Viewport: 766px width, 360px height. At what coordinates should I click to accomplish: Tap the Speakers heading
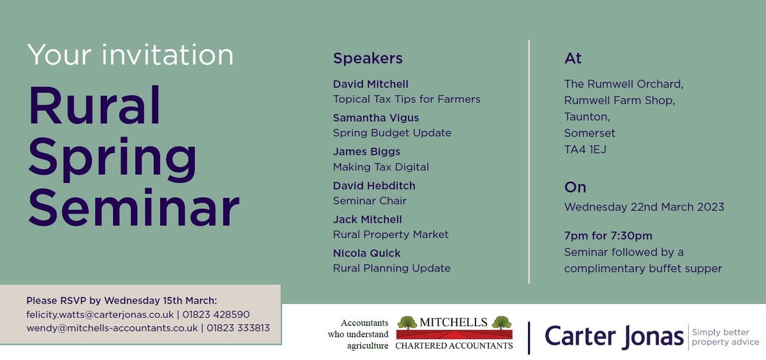(x=368, y=59)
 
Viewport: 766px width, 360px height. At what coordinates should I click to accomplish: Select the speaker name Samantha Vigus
(x=376, y=117)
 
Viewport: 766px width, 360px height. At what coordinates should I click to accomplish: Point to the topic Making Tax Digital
(x=381, y=167)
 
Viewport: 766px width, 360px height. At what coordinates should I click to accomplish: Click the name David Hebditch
(x=374, y=185)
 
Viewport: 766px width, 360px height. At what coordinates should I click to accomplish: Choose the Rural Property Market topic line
(x=391, y=234)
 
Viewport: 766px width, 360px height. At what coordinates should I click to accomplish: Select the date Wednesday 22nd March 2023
(x=644, y=207)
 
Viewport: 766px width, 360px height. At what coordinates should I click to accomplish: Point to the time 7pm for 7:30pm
(x=608, y=236)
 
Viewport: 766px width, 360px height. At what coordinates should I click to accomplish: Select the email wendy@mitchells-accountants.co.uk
(x=112, y=328)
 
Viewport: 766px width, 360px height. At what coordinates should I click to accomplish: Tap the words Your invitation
(x=130, y=56)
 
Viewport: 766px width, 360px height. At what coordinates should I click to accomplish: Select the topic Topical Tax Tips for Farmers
(x=407, y=99)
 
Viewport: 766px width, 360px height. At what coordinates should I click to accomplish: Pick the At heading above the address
(x=573, y=59)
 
